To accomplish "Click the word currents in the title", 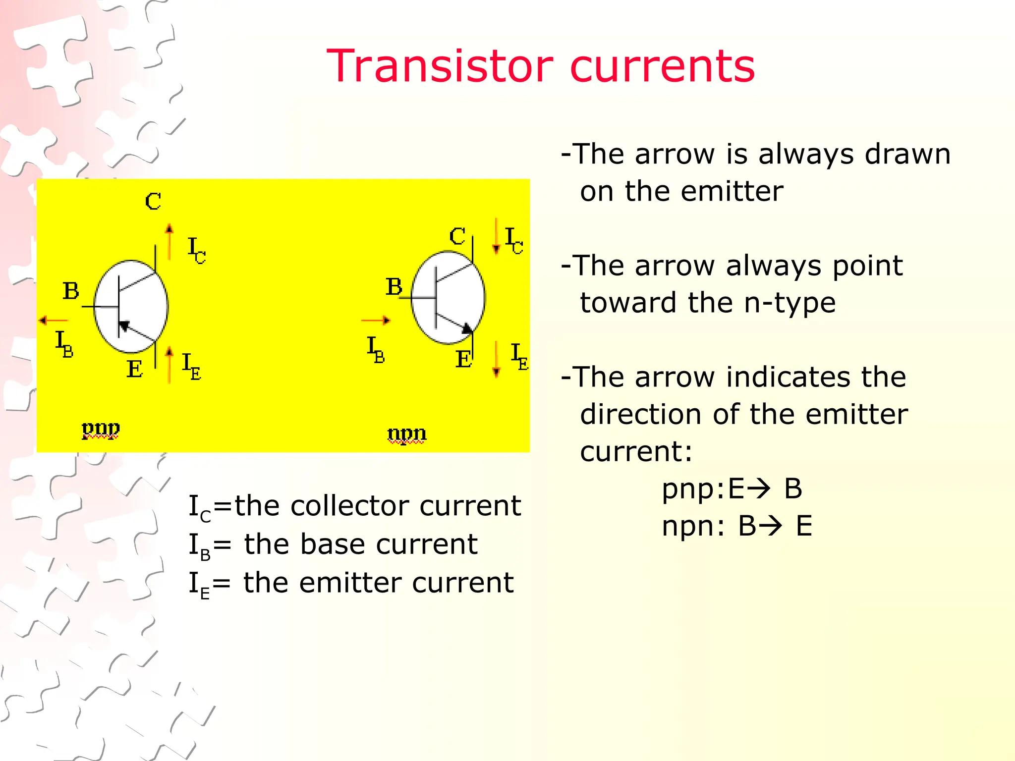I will point(663,67).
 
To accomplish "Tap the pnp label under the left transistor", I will point(101,429).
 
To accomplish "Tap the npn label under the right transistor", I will point(406,434).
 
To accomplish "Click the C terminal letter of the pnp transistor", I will point(153,202).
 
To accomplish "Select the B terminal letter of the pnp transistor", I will point(71,291).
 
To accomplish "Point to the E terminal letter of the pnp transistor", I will point(135,369).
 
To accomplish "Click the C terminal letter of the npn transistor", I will point(457,237).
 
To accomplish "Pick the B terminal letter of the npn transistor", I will point(394,287).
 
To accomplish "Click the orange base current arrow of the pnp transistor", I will point(54,321).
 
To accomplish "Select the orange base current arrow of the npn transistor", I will point(376,321).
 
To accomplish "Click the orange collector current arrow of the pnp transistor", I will point(169,242).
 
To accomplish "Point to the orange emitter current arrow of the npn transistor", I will point(496,359).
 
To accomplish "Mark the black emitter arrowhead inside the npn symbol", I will point(467,328).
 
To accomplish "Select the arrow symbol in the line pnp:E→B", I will point(759,489).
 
